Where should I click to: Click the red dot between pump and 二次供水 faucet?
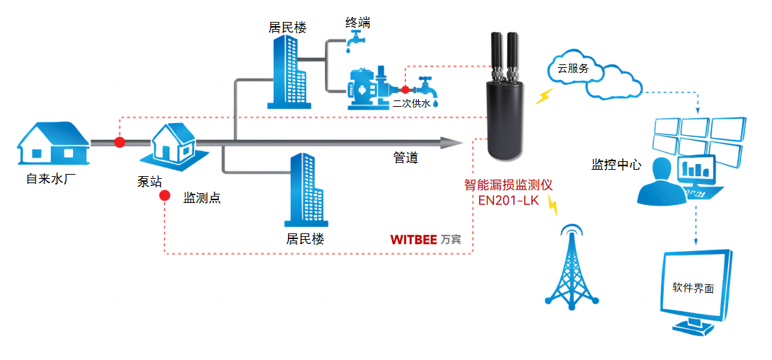pyautogui.click(x=405, y=90)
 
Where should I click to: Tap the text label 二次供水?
pyautogui.click(x=412, y=103)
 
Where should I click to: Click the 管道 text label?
pyautogui.click(x=405, y=158)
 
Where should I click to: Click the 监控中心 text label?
pyautogui.click(x=616, y=165)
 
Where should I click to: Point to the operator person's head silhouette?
pyautogui.click(x=662, y=169)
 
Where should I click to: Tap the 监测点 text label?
pyautogui.click(x=202, y=198)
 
